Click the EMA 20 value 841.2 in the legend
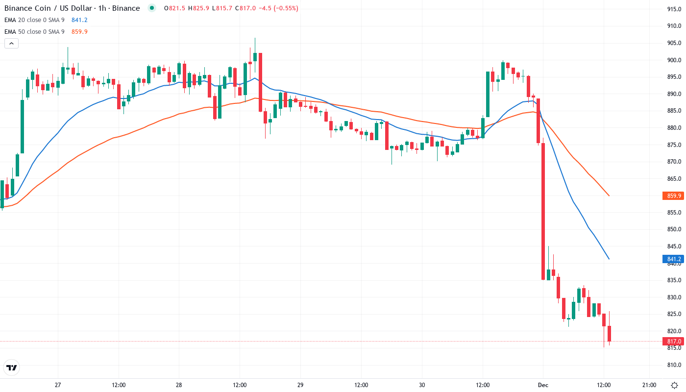click(79, 20)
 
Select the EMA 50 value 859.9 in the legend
click(79, 32)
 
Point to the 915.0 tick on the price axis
click(674, 9)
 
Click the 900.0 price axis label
click(674, 60)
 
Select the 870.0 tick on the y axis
click(674, 162)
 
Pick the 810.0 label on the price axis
click(674, 365)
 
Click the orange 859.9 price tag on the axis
click(674, 196)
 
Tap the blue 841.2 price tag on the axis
click(674, 259)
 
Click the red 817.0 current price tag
click(674, 342)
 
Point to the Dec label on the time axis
click(543, 385)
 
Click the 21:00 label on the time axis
click(649, 385)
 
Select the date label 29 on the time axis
click(300, 385)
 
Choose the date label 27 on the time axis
click(57, 385)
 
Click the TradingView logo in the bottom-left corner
click(11, 367)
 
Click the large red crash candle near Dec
click(543, 211)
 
